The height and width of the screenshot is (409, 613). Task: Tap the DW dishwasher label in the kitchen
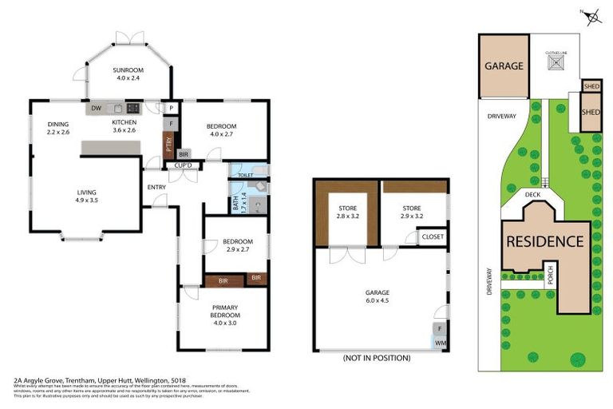(x=95, y=109)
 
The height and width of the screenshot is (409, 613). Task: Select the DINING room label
(x=58, y=124)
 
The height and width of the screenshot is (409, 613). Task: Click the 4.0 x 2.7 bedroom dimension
(x=221, y=134)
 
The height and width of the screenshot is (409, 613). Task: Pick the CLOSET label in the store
(x=433, y=237)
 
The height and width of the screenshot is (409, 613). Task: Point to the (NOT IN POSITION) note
(x=375, y=359)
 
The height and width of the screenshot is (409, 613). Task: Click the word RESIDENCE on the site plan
(x=543, y=241)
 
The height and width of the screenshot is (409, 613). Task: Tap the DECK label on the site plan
(x=533, y=194)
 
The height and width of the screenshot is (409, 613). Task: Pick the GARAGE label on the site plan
(x=504, y=66)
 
